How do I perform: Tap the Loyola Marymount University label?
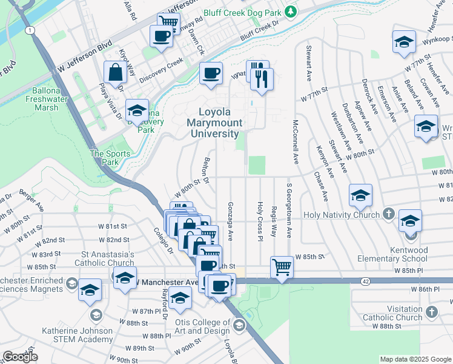[221, 123]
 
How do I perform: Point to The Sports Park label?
[110, 158]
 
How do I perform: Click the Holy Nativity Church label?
[342, 215]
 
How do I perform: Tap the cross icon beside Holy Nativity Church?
[389, 215]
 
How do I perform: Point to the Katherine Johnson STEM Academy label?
[77, 335]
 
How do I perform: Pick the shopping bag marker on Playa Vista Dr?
[115, 73]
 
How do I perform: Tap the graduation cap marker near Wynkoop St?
[403, 42]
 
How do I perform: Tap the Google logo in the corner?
[20, 357]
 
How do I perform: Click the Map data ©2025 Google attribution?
[415, 359]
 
